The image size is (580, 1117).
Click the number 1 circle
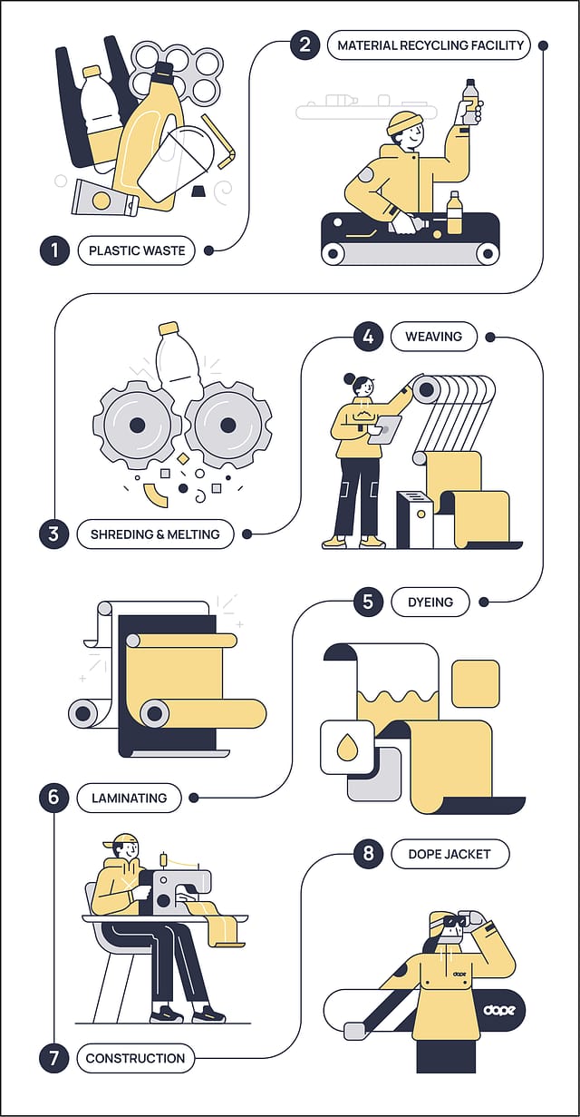click(x=54, y=250)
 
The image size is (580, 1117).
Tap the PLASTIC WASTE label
click(x=137, y=250)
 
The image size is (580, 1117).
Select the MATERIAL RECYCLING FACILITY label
click(x=430, y=44)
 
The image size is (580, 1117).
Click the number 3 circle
click(x=54, y=534)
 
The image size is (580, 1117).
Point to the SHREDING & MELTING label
click(x=155, y=534)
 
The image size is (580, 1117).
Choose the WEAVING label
click(x=433, y=337)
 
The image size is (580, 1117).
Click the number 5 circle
click(x=368, y=602)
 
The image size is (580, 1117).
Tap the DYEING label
click(x=430, y=602)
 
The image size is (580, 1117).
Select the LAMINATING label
click(x=129, y=799)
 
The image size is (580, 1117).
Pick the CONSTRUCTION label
click(x=135, y=1058)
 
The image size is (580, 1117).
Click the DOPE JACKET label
click(x=449, y=854)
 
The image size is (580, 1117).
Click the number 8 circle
click(x=368, y=854)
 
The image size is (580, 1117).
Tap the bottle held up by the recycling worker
click(x=469, y=100)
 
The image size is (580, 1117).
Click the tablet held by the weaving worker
click(x=384, y=429)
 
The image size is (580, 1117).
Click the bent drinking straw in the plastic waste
click(x=218, y=141)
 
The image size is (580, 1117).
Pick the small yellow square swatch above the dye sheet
click(x=476, y=683)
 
